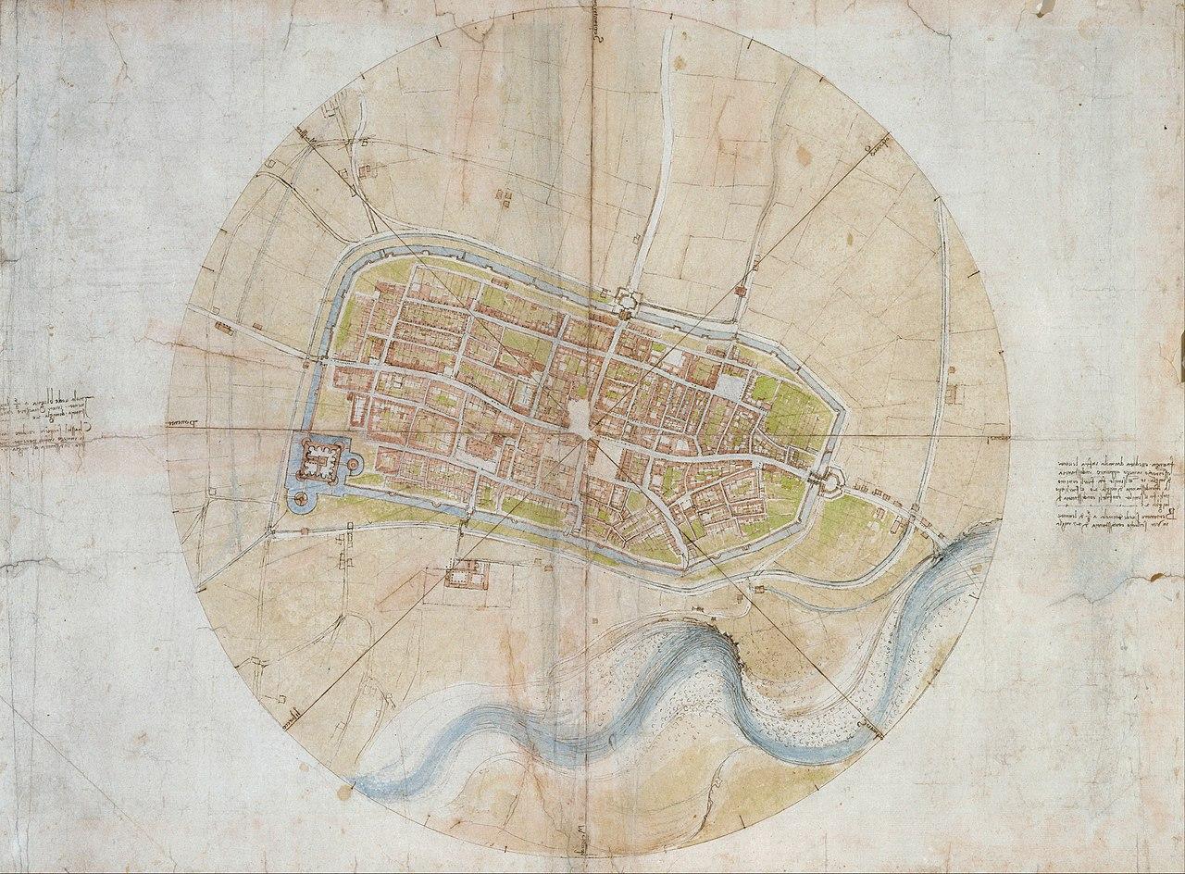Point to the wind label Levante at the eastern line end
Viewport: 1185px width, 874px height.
[995, 435]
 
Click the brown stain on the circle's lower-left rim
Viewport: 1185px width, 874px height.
[345, 793]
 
